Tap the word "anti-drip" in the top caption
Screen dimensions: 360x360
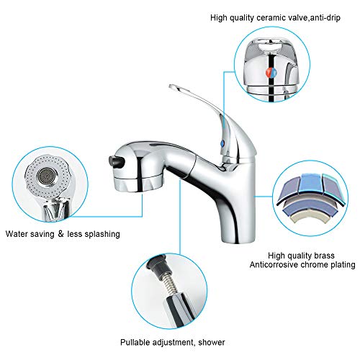click(322, 17)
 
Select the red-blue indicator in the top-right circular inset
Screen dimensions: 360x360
click(270, 73)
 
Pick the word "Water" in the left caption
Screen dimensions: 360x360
click(17, 234)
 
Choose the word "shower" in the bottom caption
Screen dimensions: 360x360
click(208, 341)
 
